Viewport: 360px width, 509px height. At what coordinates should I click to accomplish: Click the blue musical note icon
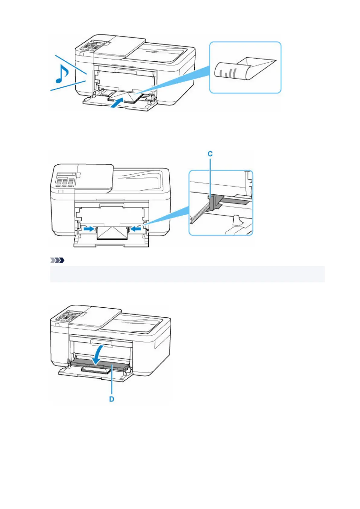pos(62,74)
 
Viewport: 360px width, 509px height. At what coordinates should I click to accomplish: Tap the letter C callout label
pos(210,154)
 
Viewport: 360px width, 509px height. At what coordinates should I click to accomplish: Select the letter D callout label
pos(112,399)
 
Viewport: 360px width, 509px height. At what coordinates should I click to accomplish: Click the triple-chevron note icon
pos(57,260)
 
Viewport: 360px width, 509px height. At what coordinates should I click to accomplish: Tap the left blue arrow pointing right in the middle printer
pos(89,229)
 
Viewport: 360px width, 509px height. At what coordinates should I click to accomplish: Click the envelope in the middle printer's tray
pos(112,233)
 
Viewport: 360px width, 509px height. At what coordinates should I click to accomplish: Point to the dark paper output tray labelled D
pos(100,362)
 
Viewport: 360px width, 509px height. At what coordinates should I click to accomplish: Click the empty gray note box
pos(187,274)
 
